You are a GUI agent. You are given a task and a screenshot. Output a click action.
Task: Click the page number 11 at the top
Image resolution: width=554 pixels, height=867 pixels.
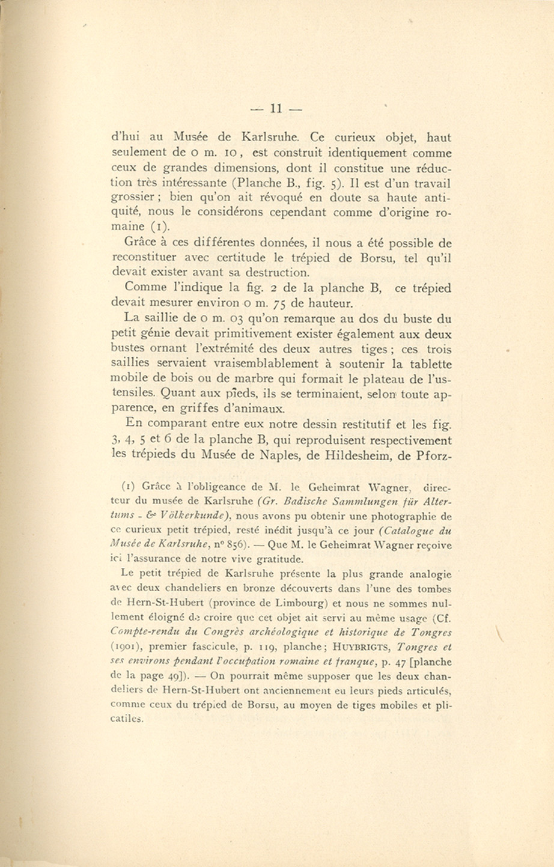click(x=276, y=109)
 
